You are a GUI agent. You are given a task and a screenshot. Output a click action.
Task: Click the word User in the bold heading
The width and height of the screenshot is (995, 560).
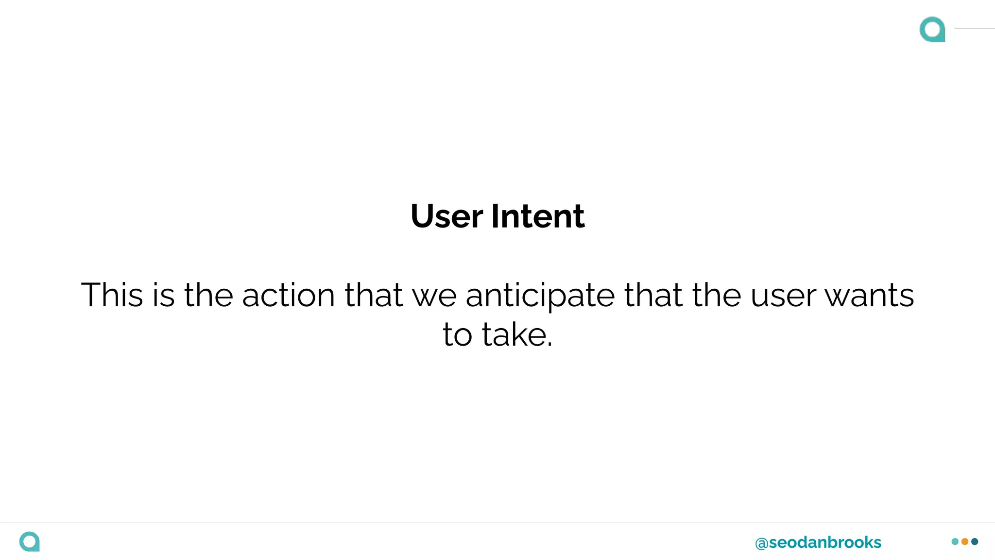click(446, 216)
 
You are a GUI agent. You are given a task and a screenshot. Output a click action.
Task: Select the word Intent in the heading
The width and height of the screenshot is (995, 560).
click(538, 216)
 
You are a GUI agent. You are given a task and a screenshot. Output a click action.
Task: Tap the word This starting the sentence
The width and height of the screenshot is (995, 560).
click(112, 295)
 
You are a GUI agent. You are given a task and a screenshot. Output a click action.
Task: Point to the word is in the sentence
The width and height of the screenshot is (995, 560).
click(163, 295)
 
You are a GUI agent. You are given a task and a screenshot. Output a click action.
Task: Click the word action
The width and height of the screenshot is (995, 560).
click(289, 295)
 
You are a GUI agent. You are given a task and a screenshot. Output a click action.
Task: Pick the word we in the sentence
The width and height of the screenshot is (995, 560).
click(434, 296)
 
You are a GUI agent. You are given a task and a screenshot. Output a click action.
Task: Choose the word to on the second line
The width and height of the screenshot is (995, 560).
click(457, 335)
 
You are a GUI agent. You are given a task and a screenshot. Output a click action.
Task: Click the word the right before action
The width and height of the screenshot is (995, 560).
click(208, 295)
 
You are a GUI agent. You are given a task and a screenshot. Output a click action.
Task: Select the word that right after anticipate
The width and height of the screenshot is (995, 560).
click(653, 295)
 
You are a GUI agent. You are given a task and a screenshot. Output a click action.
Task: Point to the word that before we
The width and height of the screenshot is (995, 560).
click(374, 295)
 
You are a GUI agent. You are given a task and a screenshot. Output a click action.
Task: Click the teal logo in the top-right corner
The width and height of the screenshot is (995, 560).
click(932, 29)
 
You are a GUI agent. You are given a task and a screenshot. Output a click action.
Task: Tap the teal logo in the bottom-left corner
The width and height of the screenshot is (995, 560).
click(30, 542)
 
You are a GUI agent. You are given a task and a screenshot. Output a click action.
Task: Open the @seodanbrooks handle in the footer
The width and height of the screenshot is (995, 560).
click(818, 542)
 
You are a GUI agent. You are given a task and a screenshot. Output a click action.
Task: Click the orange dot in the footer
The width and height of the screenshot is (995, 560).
click(965, 542)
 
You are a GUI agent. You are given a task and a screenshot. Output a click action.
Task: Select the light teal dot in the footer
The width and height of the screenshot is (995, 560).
click(955, 542)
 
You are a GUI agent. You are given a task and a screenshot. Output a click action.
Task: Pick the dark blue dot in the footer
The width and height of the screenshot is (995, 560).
click(975, 542)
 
